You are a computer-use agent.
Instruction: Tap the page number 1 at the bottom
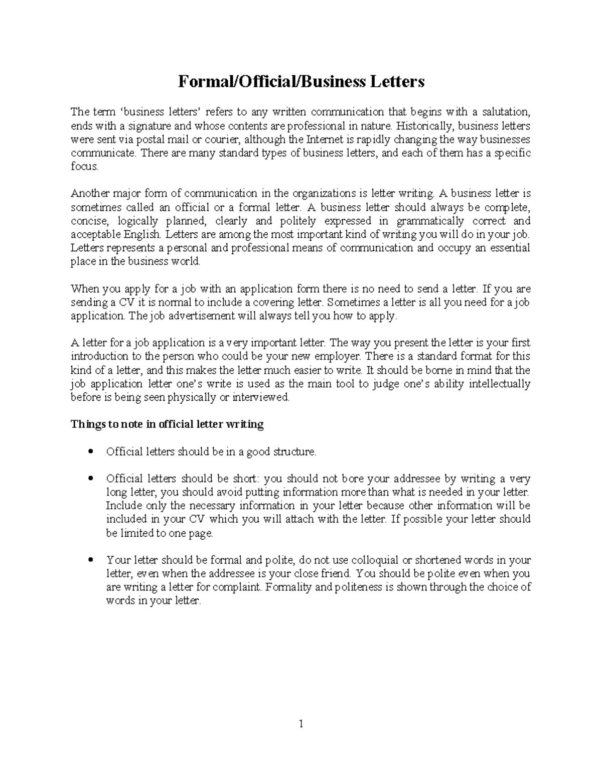coord(301,724)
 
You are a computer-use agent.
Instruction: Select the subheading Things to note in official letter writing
coord(167,424)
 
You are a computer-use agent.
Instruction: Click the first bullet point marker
coord(90,451)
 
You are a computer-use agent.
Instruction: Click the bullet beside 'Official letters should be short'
coord(90,479)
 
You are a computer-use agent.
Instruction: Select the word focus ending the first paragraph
coord(84,166)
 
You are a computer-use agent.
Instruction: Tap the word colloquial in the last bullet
coord(366,560)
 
